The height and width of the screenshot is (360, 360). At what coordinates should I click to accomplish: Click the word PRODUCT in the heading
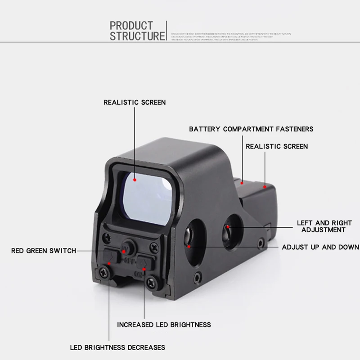click(x=131, y=26)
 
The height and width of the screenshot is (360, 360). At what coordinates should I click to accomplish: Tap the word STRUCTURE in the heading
click(x=138, y=36)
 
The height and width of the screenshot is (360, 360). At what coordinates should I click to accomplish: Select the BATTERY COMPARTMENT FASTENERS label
click(x=251, y=129)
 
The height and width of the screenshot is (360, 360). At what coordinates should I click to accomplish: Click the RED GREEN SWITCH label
click(x=44, y=251)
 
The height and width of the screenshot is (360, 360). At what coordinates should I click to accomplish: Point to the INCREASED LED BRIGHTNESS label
click(x=164, y=324)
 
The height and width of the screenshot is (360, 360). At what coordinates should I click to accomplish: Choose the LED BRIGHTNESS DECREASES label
click(x=117, y=347)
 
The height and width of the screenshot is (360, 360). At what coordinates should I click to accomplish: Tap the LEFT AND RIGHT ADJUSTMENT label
click(x=324, y=226)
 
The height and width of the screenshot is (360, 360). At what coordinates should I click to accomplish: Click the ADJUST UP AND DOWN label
click(x=320, y=247)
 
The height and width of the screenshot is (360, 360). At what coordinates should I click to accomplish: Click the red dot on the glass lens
click(x=135, y=179)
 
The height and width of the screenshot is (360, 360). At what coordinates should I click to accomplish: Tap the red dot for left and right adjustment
click(x=228, y=227)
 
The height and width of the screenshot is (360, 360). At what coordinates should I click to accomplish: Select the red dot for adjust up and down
click(x=189, y=246)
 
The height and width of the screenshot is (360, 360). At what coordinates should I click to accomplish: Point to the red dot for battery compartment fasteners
click(x=242, y=183)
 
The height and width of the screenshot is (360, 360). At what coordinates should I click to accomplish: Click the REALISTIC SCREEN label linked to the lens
click(x=135, y=103)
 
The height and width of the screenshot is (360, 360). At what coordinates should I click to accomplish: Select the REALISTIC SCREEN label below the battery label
click(x=277, y=146)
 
